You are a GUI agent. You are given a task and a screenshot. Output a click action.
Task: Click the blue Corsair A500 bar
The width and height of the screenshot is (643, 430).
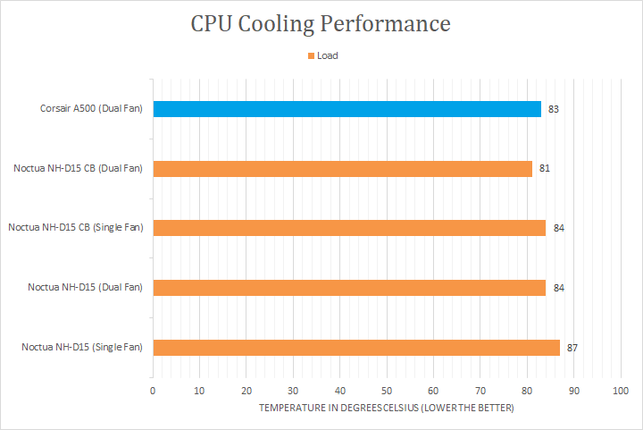347,109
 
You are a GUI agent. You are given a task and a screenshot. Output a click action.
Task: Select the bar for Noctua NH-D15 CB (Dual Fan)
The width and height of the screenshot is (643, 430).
342,168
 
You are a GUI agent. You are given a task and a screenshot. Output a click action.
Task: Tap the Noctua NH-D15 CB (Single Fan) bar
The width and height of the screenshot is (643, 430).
349,228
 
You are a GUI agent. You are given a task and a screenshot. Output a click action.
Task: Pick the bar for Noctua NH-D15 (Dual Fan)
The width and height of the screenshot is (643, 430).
349,287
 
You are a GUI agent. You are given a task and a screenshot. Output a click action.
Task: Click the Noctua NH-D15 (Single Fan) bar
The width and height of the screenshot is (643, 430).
356,347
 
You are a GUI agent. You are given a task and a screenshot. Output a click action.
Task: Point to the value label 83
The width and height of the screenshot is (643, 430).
554,109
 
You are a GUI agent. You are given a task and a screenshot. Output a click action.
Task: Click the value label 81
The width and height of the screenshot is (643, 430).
544,168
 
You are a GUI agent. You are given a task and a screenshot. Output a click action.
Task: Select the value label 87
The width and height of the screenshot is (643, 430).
572,347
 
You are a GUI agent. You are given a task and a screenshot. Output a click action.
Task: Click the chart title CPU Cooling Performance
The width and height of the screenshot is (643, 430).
321,23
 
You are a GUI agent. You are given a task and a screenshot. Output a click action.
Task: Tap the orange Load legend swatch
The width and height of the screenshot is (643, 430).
311,55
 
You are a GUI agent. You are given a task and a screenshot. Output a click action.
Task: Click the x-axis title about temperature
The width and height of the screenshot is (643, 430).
387,408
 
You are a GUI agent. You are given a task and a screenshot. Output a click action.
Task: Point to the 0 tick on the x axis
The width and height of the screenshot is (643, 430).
153,391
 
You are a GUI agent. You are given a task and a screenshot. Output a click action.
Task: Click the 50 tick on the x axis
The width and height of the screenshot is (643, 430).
387,391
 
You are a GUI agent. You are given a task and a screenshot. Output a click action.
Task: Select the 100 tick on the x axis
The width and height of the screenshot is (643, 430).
622,391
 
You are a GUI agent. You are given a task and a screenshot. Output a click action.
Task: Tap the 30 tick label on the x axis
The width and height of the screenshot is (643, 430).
293,391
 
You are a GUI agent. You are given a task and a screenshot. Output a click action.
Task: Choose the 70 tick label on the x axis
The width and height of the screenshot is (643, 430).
480,391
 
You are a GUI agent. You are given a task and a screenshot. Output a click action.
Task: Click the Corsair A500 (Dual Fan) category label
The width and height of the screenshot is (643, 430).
91,109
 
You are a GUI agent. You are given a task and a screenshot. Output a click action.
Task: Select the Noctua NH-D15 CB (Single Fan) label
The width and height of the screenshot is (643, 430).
75,228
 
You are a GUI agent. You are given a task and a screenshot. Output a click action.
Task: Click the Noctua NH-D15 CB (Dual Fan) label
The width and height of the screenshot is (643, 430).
79,168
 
